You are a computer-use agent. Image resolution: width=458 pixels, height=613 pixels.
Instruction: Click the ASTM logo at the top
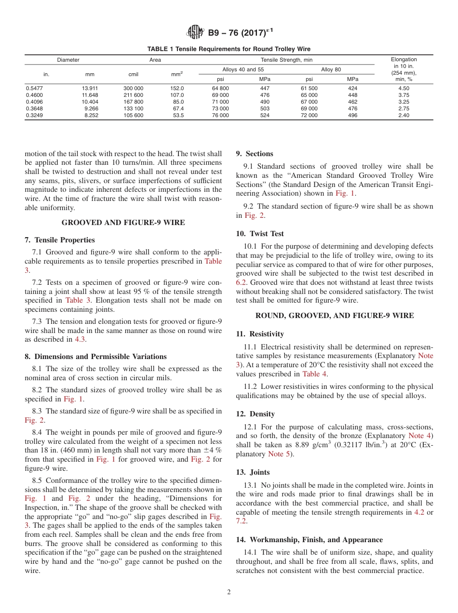[x=196, y=32]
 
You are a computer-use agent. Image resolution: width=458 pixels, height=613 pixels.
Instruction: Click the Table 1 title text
[x=229, y=49]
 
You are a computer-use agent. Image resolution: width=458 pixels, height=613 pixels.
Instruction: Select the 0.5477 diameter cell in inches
[x=33, y=89]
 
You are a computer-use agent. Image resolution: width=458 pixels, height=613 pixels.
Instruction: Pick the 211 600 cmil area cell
[x=133, y=95]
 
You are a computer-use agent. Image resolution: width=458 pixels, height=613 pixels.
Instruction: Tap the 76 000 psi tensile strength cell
[x=220, y=116]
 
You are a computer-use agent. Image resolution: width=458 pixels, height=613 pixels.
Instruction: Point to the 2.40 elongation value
[x=404, y=116]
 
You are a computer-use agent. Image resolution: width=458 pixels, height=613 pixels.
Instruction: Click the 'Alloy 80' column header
[x=331, y=70]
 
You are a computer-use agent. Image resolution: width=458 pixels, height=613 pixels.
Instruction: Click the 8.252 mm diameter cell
[x=91, y=116]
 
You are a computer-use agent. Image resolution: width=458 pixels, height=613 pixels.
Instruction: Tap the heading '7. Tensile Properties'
[x=60, y=240]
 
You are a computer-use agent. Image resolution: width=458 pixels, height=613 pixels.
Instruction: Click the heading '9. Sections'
[x=255, y=154]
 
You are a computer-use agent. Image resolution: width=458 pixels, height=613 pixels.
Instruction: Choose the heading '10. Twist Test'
[x=260, y=234]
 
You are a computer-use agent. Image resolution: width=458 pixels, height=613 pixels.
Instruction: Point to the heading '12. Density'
[x=256, y=414]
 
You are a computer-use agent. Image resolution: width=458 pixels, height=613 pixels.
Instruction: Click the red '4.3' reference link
[x=80, y=339]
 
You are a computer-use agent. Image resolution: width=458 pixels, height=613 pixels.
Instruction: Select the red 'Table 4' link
[x=314, y=374]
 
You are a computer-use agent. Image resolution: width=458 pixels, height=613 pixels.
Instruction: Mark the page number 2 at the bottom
[x=229, y=592]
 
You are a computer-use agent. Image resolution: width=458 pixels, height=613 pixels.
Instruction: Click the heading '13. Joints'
[x=253, y=472]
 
